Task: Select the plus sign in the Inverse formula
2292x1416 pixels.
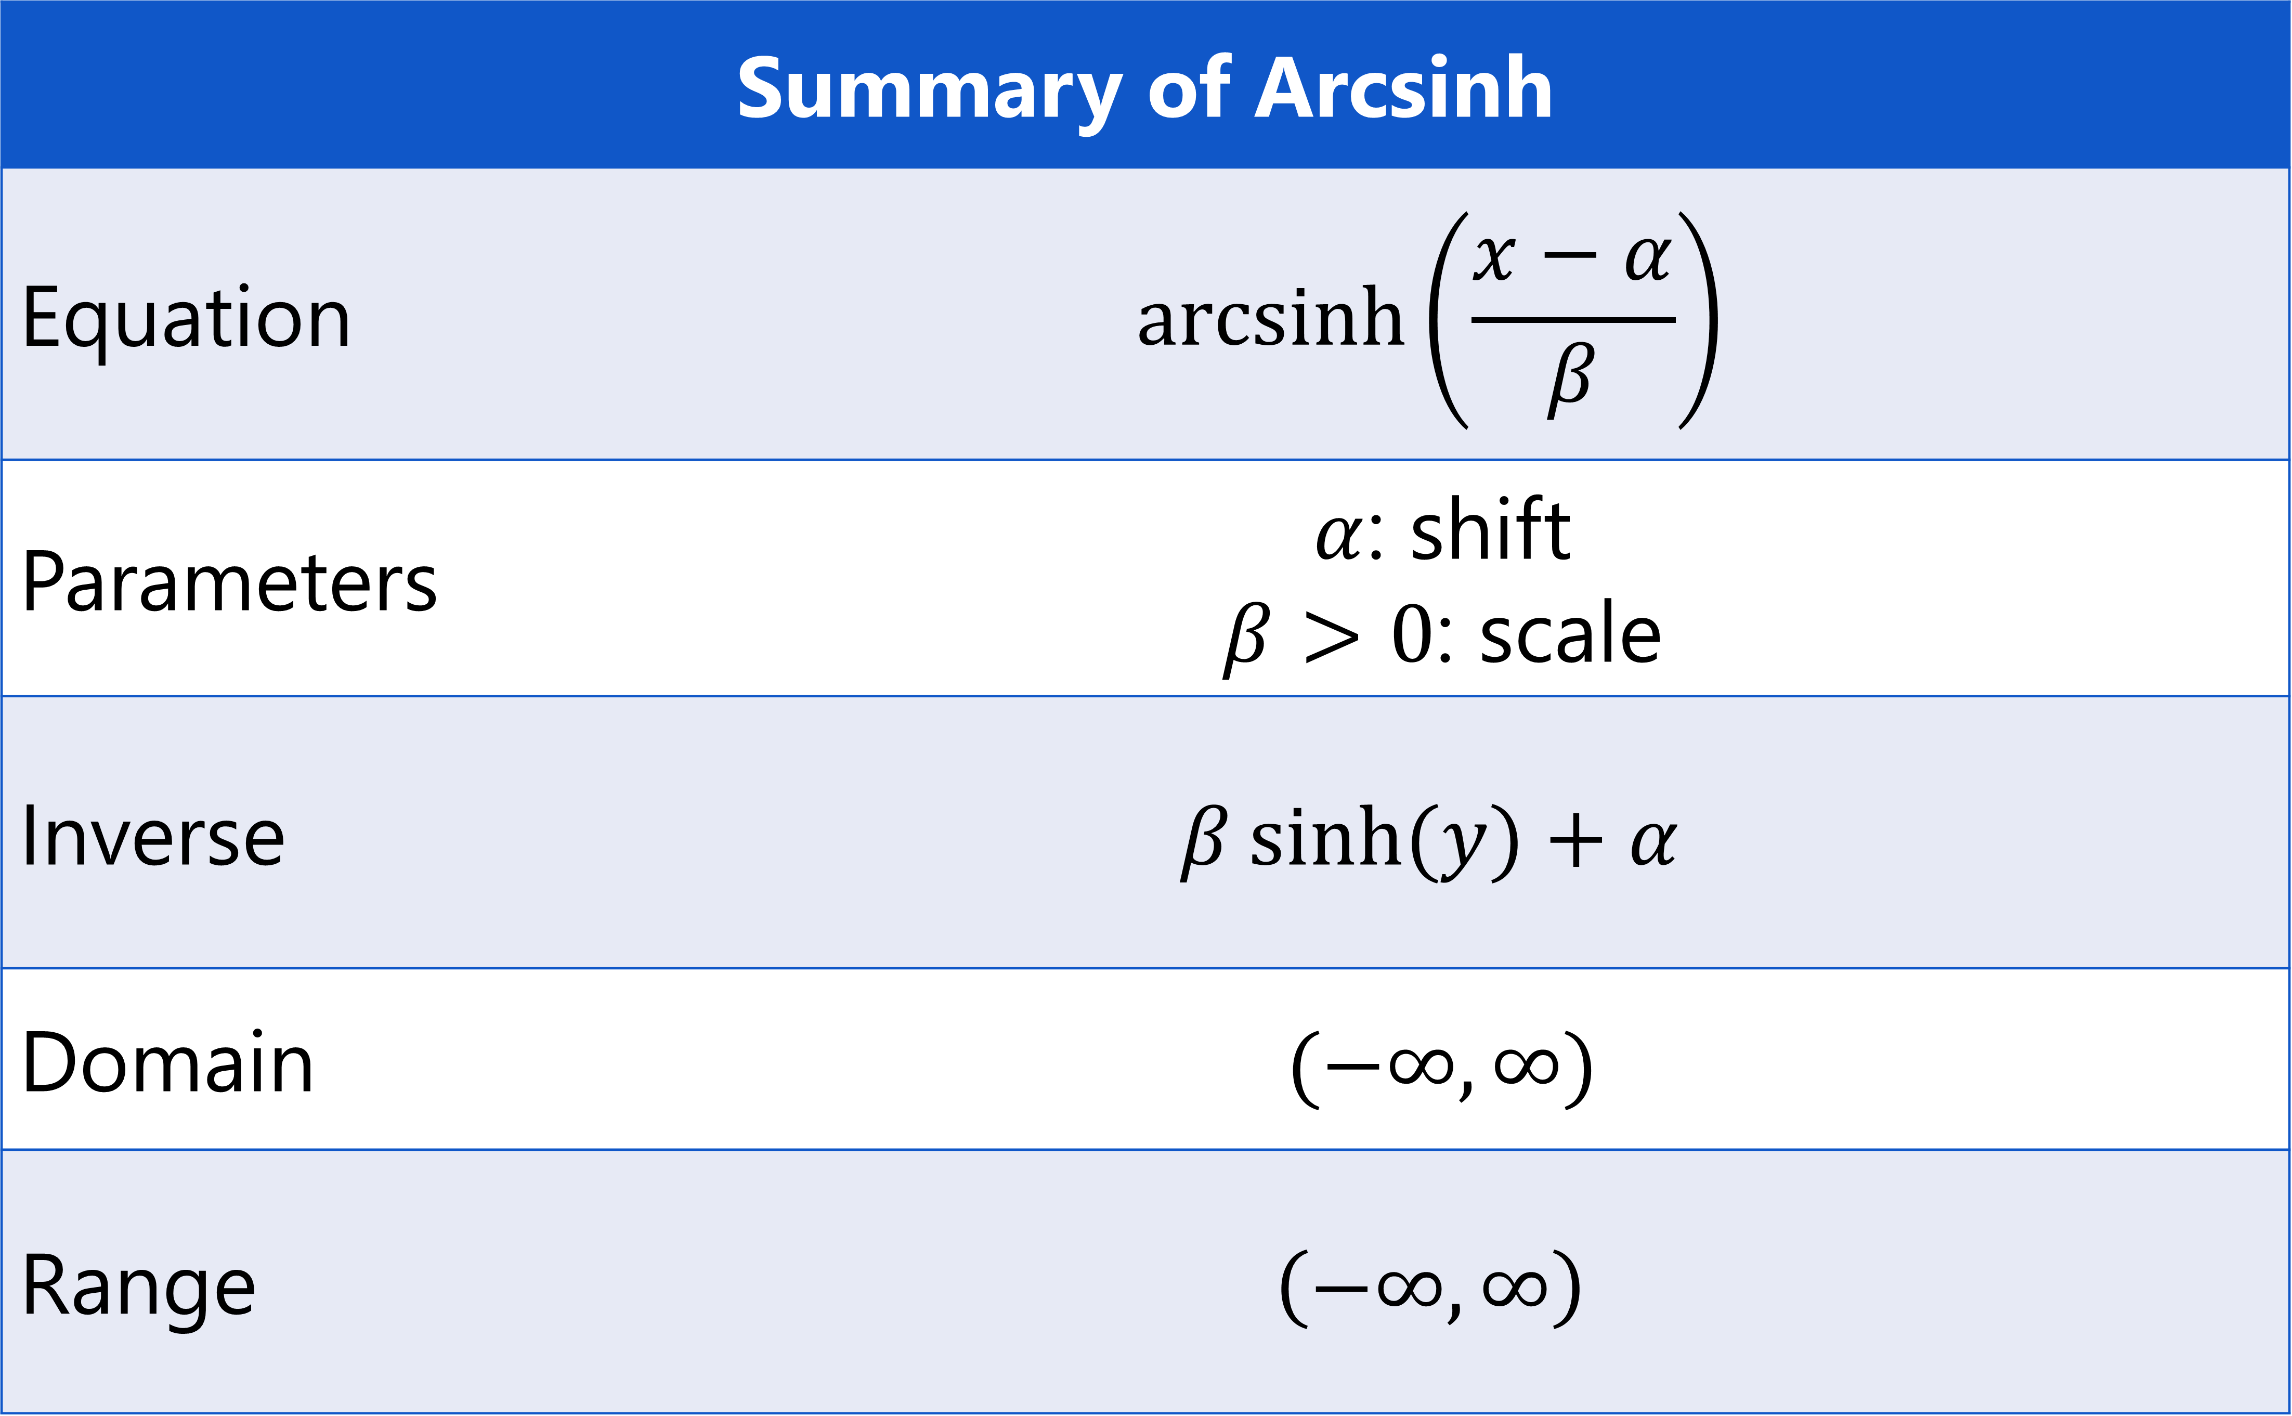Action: tap(1575, 840)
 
